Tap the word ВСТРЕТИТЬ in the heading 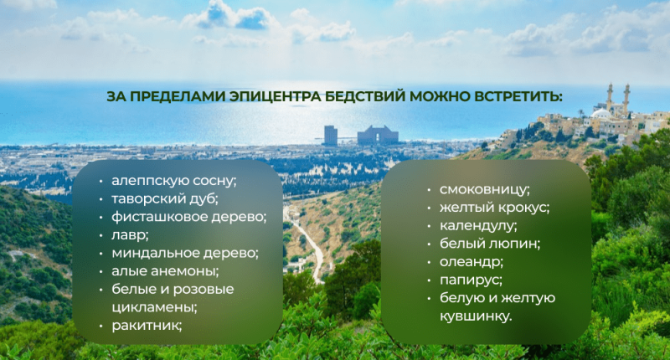coord(516,96)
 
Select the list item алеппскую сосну coord(174,181)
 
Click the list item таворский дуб coord(165,198)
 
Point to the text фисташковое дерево coord(189,217)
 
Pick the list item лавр coord(130,235)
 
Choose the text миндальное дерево coord(185,253)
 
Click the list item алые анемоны coord(165,271)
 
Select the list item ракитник coord(147,326)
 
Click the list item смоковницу coord(485,189)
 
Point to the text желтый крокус coord(494,208)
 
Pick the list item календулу coord(478,225)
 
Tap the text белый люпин coord(490,244)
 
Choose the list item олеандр coord(472,262)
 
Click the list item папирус coord(471,280)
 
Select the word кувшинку coord(476,316)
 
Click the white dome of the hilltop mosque coord(601,113)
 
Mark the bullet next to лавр coord(100,236)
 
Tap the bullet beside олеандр coord(429,262)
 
